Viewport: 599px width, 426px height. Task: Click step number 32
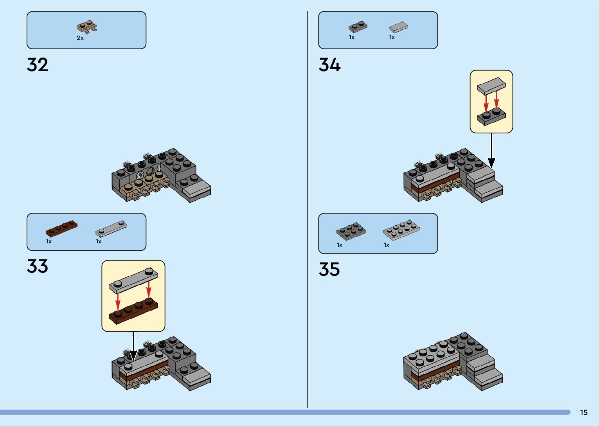(x=38, y=65)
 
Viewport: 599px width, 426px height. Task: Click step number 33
(x=38, y=266)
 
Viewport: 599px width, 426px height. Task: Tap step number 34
(x=329, y=65)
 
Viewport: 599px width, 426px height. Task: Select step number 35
(x=329, y=270)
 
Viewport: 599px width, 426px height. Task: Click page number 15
(x=584, y=413)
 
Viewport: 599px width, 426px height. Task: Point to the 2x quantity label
(x=80, y=38)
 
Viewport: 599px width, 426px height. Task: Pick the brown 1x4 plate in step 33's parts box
(x=61, y=228)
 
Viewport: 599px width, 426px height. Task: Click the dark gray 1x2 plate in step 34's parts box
(x=358, y=27)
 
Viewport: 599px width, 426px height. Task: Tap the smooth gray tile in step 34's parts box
(x=398, y=27)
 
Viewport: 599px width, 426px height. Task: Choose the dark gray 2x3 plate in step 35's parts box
(x=351, y=231)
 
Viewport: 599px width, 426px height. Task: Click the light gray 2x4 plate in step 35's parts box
(x=401, y=230)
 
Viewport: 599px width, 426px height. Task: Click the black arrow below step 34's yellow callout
(x=491, y=151)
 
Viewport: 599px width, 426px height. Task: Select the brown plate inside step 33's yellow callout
(x=133, y=311)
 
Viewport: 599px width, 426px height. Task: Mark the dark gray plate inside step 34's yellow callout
(x=491, y=117)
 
